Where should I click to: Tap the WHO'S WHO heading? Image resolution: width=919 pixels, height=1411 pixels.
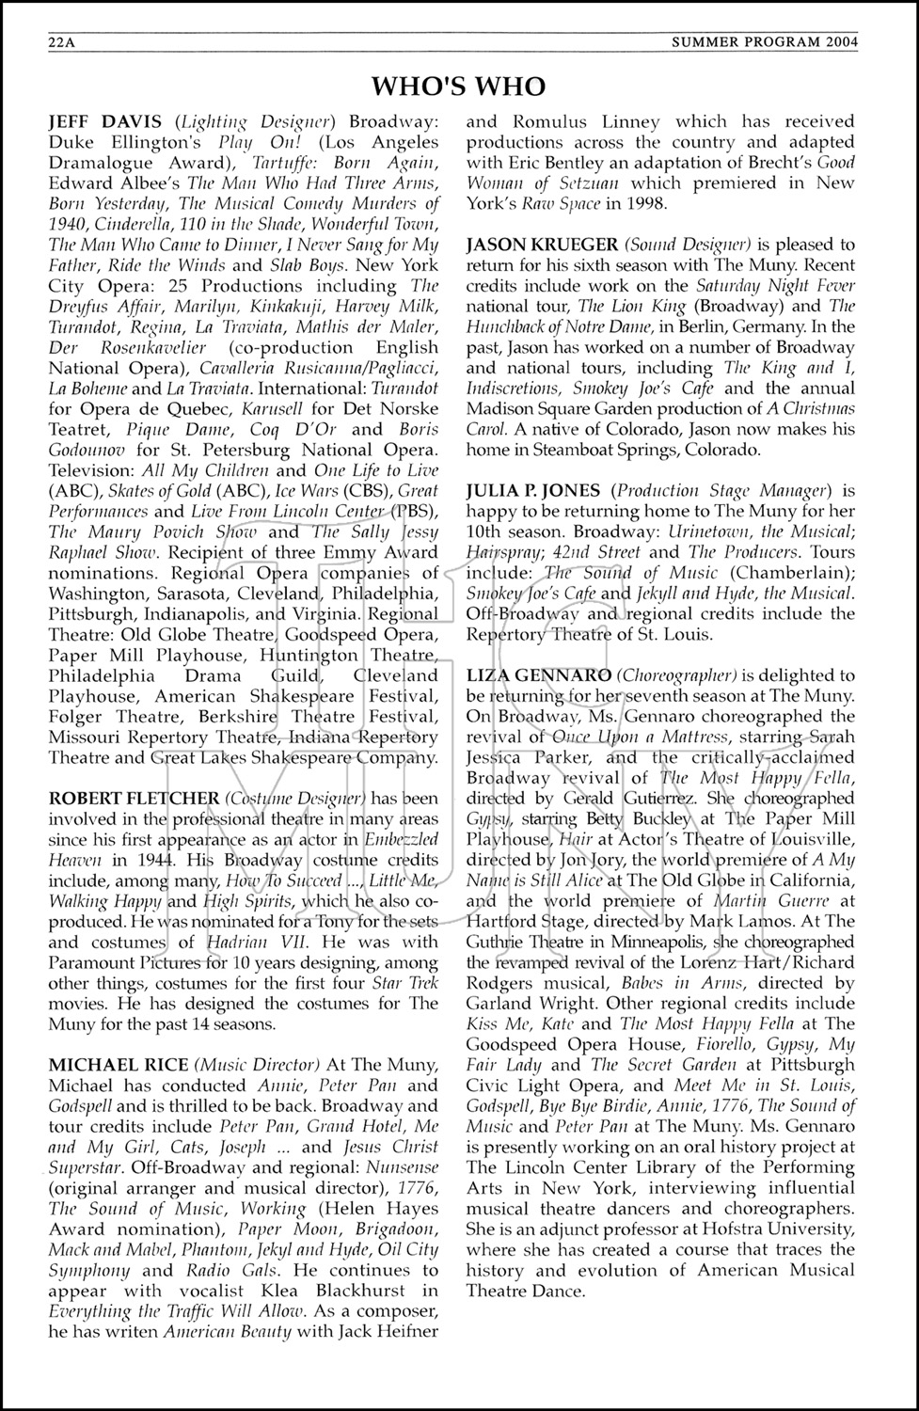[x=459, y=87]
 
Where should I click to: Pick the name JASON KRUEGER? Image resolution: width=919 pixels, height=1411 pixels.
[x=540, y=245]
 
